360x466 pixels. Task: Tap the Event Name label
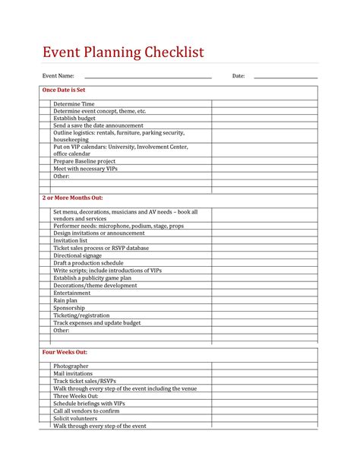click(x=58, y=76)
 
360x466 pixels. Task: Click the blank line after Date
click(x=285, y=77)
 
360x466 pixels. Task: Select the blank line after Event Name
click(x=147, y=77)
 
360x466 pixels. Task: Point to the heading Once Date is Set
click(x=64, y=90)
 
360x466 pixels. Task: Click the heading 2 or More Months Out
click(x=72, y=198)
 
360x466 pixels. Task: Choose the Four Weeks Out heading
click(x=65, y=353)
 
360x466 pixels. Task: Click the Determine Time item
click(x=74, y=103)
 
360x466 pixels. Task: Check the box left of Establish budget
click(x=46, y=119)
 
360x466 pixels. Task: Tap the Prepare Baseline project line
click(x=84, y=161)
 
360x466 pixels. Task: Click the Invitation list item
click(x=71, y=240)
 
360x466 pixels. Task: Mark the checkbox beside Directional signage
click(x=46, y=255)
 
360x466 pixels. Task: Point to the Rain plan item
click(x=65, y=300)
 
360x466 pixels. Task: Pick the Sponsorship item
click(x=69, y=308)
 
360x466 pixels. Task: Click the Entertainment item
click(x=72, y=293)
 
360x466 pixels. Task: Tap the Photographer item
click(x=71, y=366)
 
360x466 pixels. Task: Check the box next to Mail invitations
click(x=46, y=374)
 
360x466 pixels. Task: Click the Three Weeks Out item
click(x=76, y=396)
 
